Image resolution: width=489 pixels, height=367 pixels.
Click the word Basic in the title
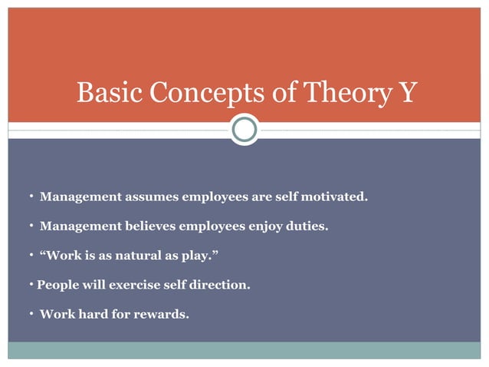pyautogui.click(x=109, y=94)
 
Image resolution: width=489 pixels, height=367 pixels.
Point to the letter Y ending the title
pyautogui.click(x=407, y=94)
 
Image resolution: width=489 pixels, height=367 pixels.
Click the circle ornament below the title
pyautogui.click(x=244, y=130)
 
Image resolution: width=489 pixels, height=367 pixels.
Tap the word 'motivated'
pyautogui.click(x=336, y=197)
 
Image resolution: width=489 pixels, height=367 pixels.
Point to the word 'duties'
pyautogui.click(x=307, y=226)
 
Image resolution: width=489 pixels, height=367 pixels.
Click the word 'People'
pyautogui.click(x=58, y=284)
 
